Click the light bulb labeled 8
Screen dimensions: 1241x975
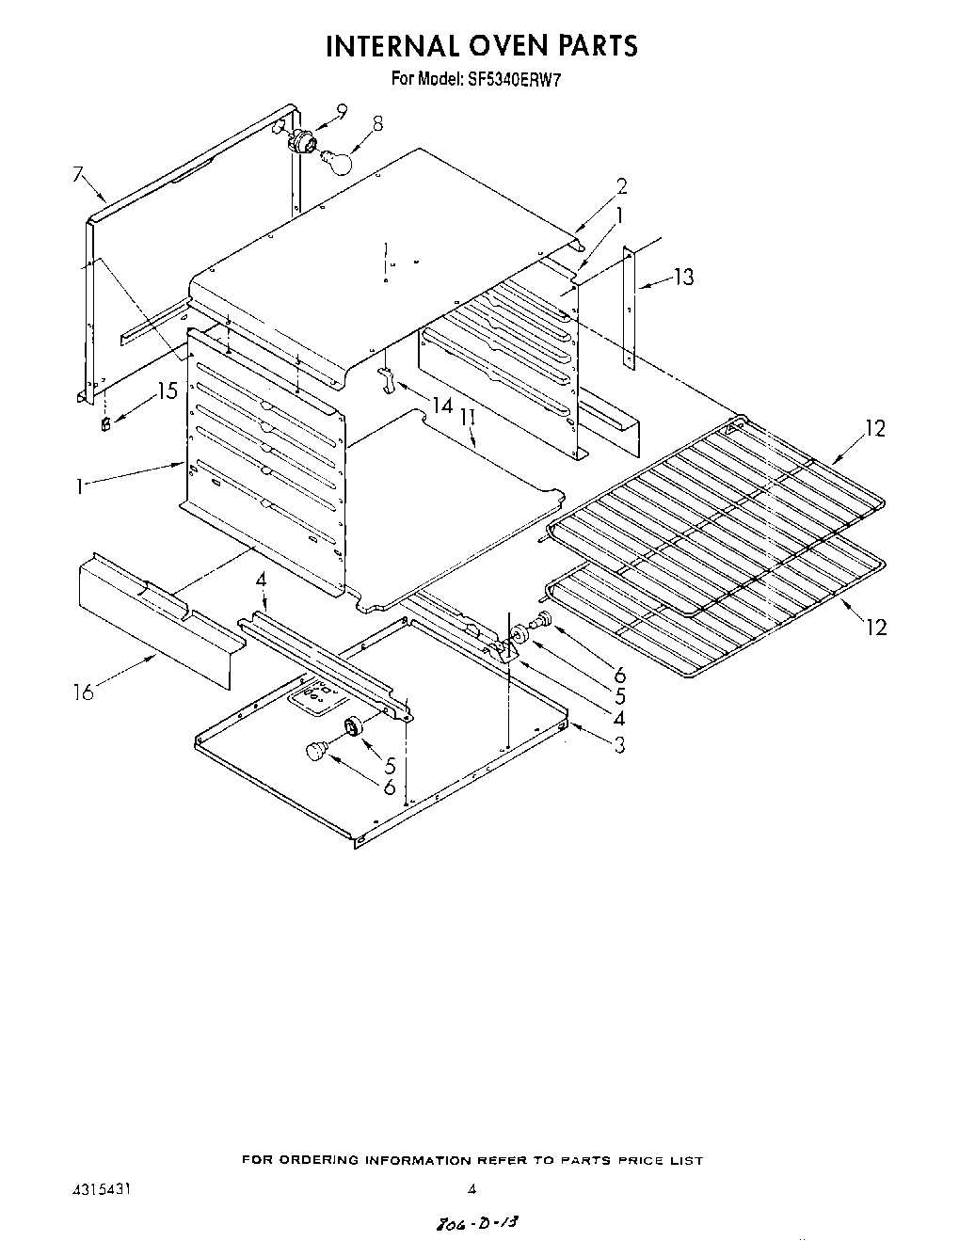click(336, 162)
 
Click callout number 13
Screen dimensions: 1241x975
click(684, 277)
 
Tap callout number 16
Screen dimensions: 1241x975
click(83, 692)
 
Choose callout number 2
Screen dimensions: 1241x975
click(621, 186)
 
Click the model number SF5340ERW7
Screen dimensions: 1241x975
click(515, 79)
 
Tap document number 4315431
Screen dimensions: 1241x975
click(102, 1188)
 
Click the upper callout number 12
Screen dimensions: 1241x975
click(875, 428)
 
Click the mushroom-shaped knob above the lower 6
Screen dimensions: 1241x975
click(316, 751)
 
